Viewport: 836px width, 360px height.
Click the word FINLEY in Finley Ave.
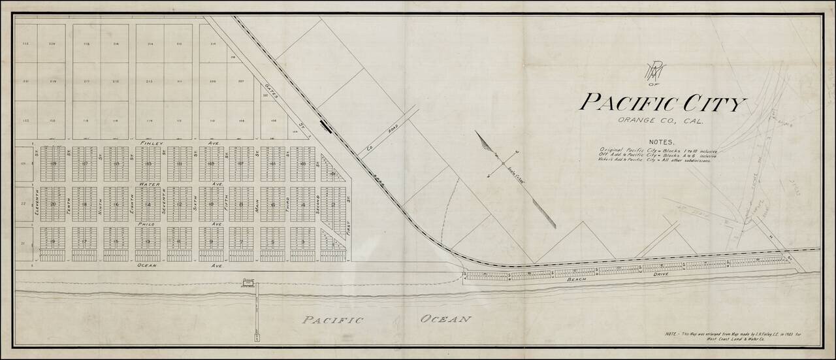150,142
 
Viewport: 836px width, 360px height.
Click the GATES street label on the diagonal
273,93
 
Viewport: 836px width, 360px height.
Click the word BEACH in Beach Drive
577,280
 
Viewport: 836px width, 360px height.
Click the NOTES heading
662,141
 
